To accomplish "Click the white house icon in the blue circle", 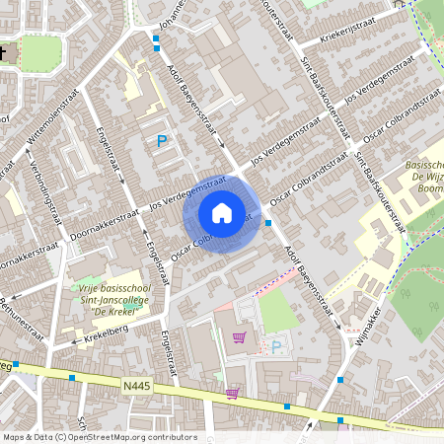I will tap(222, 212).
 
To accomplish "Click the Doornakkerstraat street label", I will tap(104, 224).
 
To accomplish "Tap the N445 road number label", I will tap(140, 385).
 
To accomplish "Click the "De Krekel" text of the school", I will tap(111, 309).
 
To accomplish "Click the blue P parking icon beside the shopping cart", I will tap(276, 346).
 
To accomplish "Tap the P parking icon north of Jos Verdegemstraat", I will tap(162, 142).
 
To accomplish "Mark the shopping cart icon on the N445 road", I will tap(231, 394).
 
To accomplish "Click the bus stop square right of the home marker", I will tap(269, 223).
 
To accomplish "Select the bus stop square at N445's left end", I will tap(16, 364).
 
